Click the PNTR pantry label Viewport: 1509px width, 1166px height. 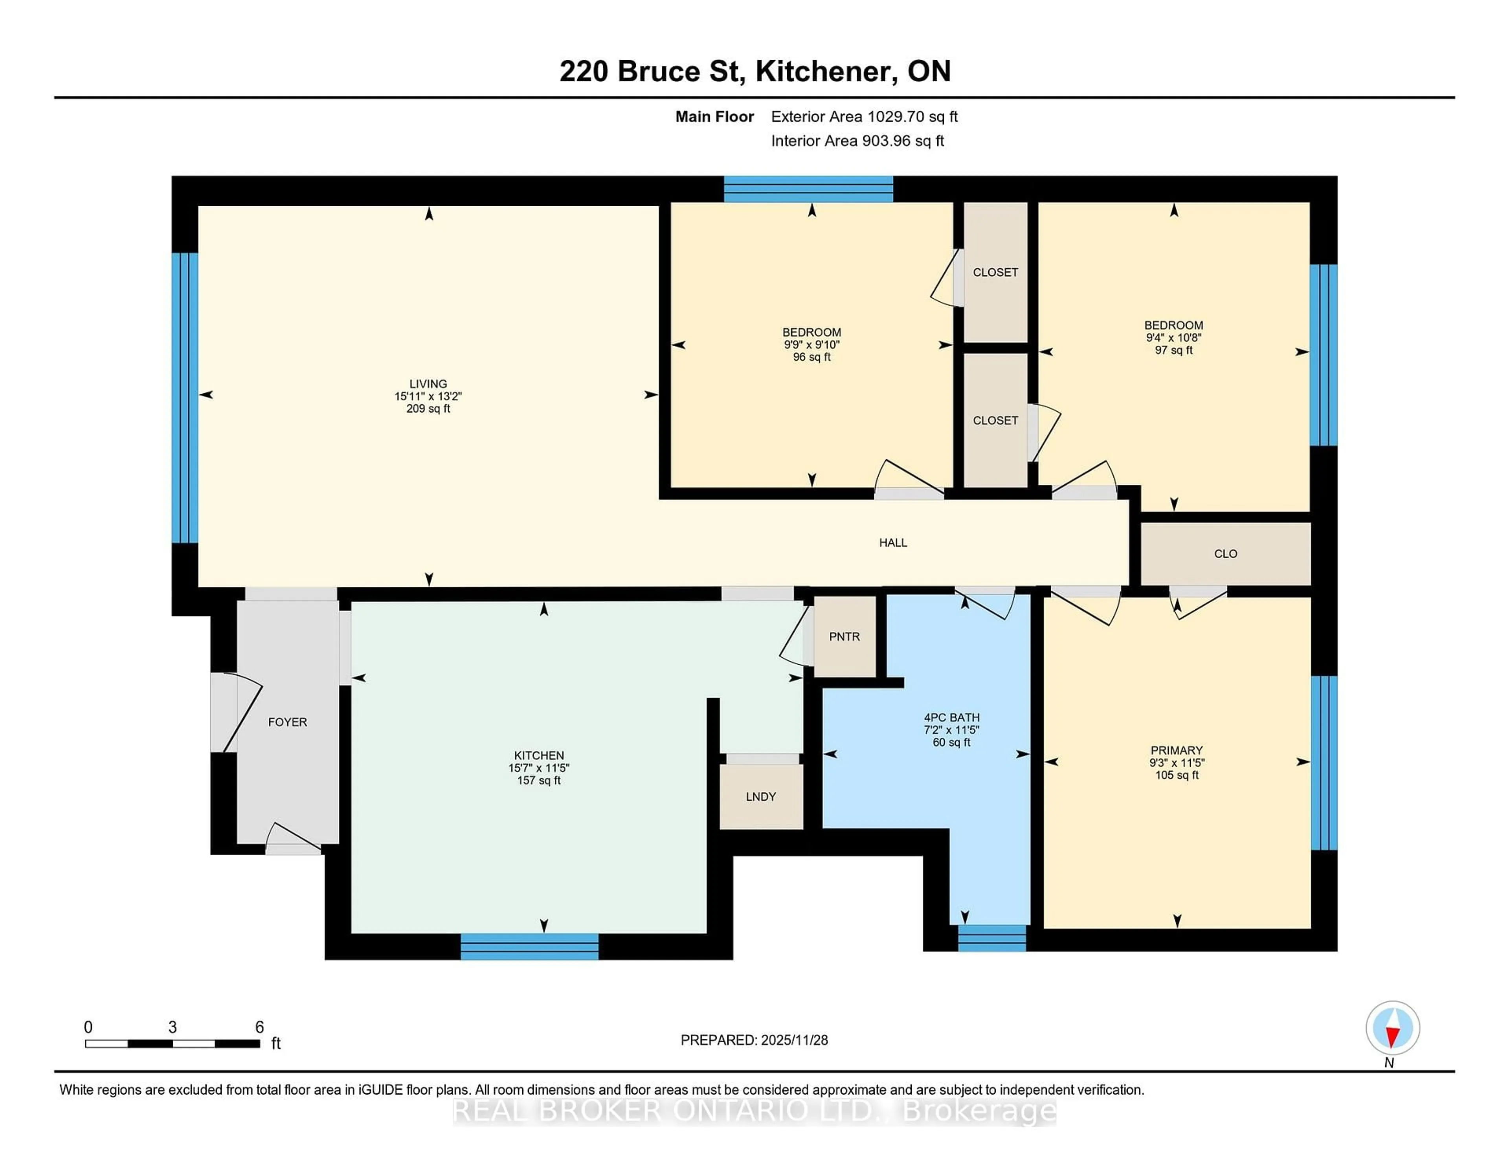tap(844, 636)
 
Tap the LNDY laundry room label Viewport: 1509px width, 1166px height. tap(761, 796)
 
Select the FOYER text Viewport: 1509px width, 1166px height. tap(287, 722)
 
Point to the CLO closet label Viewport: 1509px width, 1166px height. tap(1225, 553)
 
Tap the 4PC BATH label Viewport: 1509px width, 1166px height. tap(951, 717)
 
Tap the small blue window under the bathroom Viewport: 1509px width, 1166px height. tap(991, 938)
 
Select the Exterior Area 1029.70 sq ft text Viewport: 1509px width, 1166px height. tap(864, 117)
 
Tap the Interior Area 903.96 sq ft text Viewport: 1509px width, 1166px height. tap(857, 141)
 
